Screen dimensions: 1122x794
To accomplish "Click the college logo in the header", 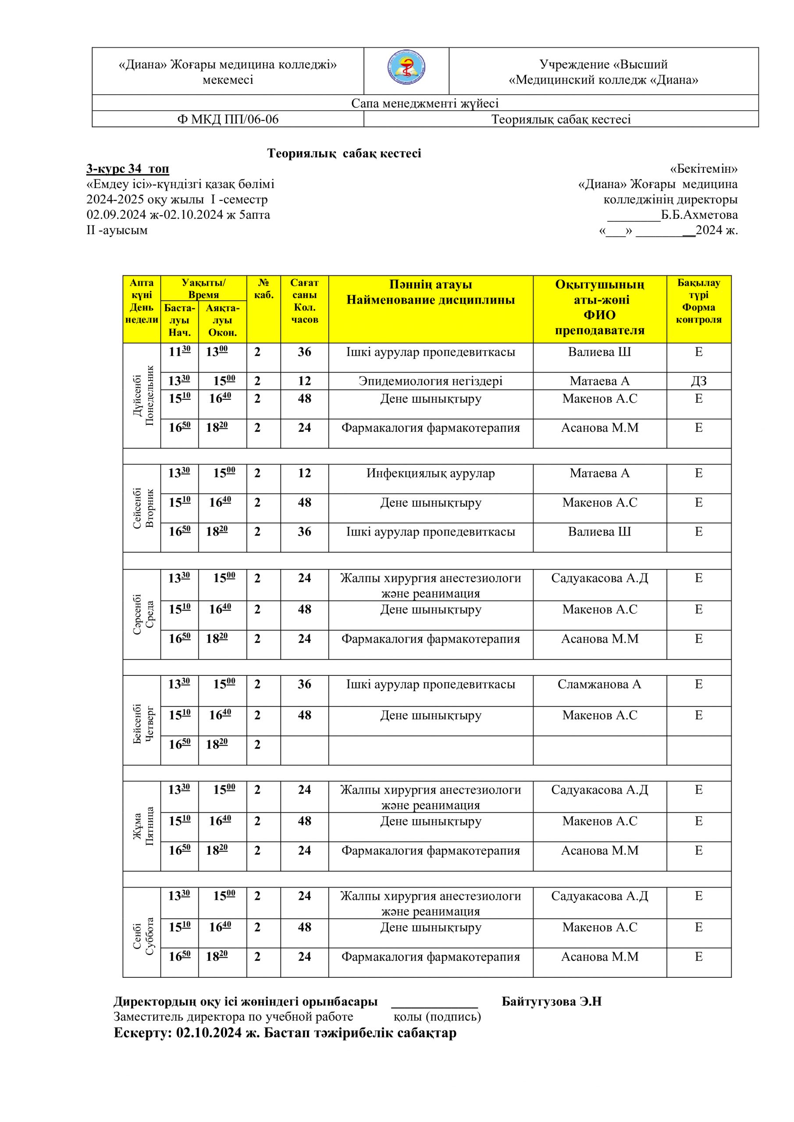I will [x=406, y=69].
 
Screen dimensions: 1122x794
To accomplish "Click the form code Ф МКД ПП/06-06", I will [x=228, y=119].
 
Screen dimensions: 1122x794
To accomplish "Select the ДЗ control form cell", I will [x=699, y=381].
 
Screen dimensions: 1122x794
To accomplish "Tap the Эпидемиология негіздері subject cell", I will [x=430, y=381].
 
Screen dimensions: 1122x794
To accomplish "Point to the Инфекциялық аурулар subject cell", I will [x=430, y=473].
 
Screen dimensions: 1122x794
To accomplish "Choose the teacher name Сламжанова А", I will [x=599, y=685].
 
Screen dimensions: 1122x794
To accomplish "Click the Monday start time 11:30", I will [x=179, y=352].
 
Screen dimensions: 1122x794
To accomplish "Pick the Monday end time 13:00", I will [x=217, y=352].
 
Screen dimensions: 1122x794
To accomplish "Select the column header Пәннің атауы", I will [x=430, y=284].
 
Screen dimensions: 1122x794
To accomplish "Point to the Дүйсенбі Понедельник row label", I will [x=142, y=395].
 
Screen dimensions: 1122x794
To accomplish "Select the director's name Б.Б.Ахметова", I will [x=699, y=215].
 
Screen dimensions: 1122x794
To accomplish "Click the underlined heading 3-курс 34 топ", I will [x=128, y=169].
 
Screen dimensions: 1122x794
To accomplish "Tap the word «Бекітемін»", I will [x=704, y=169].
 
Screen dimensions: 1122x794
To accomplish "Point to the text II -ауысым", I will [x=117, y=230].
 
